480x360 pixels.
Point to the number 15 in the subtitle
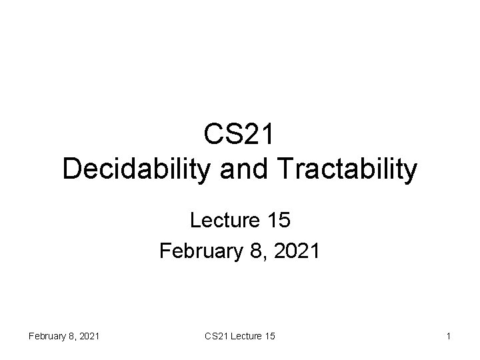click(277, 220)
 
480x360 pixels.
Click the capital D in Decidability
click(71, 169)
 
